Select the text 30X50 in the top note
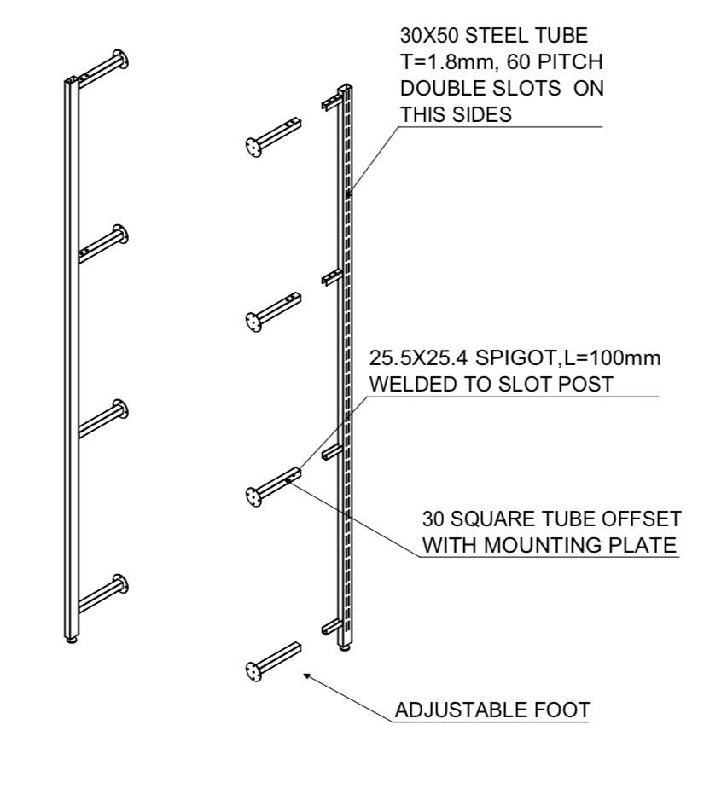point(430,38)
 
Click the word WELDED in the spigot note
point(405,385)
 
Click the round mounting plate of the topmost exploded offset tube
point(253,148)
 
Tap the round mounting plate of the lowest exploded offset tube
point(253,672)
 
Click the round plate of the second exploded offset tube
point(253,322)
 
